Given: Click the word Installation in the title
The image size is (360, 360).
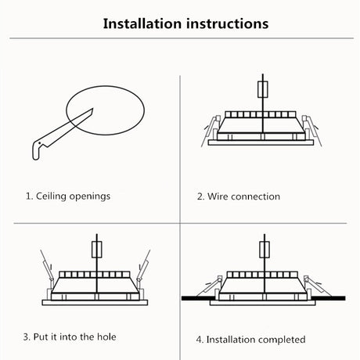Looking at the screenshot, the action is [142, 23].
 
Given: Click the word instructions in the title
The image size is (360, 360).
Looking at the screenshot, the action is [228, 23].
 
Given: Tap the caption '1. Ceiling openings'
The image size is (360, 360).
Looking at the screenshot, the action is [68, 196].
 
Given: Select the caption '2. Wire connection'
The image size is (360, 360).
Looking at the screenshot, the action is [239, 196].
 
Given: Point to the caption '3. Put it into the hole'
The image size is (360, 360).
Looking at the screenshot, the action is [70, 337].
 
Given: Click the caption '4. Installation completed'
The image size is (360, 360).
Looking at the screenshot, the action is [250, 340].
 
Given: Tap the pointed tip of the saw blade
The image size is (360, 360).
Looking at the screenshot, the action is [92, 109].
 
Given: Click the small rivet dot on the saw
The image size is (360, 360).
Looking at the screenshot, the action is [40, 143].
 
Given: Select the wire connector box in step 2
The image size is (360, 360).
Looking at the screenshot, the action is [263, 89].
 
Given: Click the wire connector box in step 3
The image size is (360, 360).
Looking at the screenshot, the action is [97, 250].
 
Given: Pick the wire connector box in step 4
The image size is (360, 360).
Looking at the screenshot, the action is [265, 250].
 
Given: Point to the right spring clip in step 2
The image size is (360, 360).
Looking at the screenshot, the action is [312, 130].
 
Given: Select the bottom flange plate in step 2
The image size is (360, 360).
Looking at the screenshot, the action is [261, 142].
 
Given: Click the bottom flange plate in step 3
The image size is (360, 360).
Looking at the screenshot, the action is [95, 303].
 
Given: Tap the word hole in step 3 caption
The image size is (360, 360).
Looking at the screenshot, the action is [106, 337].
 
